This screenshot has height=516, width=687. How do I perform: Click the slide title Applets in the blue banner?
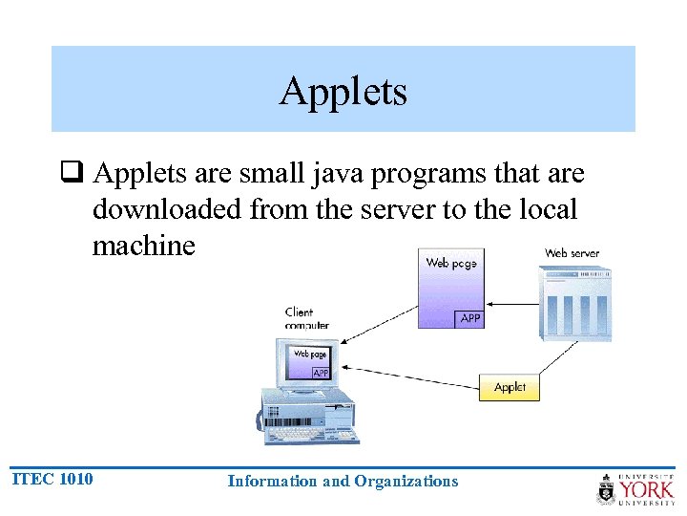(x=343, y=92)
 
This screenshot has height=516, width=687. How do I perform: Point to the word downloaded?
(x=167, y=209)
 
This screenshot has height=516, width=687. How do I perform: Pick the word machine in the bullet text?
(x=143, y=246)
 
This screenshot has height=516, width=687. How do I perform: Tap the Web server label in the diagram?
(x=572, y=253)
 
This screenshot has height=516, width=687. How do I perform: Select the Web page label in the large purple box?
(x=450, y=263)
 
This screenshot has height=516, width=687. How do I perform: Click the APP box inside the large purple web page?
(x=470, y=318)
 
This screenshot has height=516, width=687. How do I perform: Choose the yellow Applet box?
(x=510, y=387)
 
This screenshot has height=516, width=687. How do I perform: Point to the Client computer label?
(x=305, y=318)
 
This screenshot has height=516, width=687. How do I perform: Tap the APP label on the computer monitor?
(x=321, y=373)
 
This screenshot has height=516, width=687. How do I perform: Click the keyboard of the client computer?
(x=311, y=435)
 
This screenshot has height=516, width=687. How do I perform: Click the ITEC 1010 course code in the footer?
(x=52, y=478)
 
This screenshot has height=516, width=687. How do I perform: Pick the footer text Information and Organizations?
(x=343, y=482)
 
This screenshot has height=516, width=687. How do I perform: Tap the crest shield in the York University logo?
(x=607, y=490)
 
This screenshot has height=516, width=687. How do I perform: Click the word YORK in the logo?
(x=648, y=491)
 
